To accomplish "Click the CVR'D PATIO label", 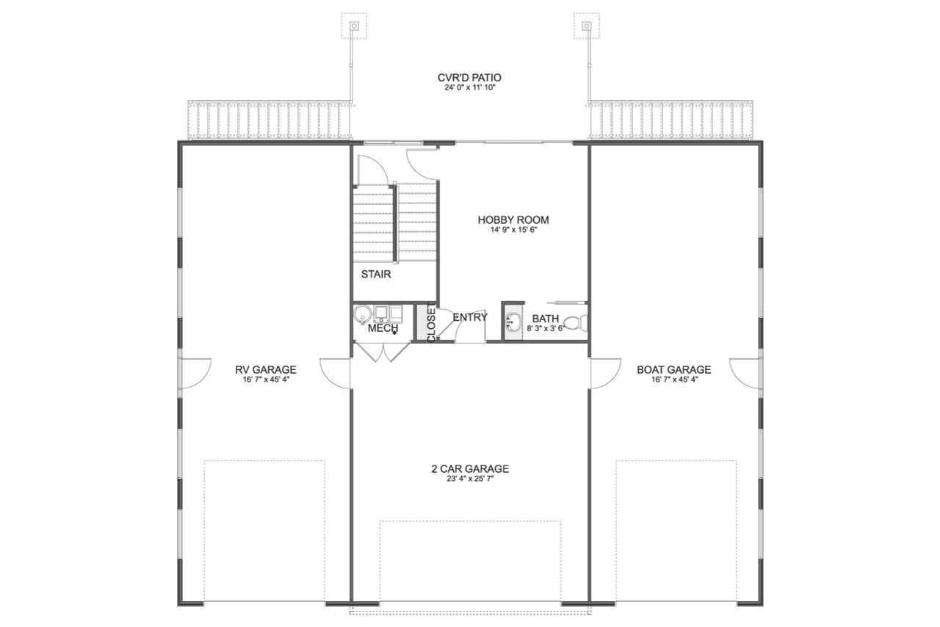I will (469, 77).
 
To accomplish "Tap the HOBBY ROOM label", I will (513, 220).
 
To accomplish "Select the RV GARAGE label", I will (265, 369).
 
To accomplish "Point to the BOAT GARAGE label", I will (673, 369).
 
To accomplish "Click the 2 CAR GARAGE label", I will (470, 468).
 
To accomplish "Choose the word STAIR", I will (375, 275).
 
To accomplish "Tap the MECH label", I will (383, 327).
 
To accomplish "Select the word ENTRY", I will (470, 317).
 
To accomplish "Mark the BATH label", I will (546, 319).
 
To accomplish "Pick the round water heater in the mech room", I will (361, 316).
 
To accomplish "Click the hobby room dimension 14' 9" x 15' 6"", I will (513, 230).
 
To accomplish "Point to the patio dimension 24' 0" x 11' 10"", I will (469, 88).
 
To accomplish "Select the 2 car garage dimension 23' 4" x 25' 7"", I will (470, 479).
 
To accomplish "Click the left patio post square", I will (354, 26).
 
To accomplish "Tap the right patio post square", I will (586, 26).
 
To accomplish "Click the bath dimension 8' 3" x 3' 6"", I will (545, 329).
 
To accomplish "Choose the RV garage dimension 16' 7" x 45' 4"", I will (265, 380).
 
